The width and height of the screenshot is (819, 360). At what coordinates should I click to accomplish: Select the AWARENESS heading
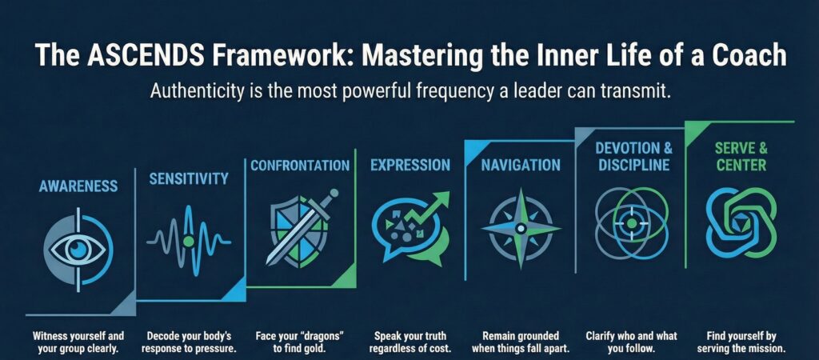pyautogui.click(x=78, y=186)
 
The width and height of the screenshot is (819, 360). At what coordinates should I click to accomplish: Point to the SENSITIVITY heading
pyautogui.click(x=189, y=178)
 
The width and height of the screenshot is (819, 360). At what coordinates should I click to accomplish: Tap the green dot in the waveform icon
pyautogui.click(x=188, y=240)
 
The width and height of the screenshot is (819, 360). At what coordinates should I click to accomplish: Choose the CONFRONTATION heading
pyautogui.click(x=300, y=166)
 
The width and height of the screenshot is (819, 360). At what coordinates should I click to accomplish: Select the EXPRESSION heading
pyautogui.click(x=409, y=166)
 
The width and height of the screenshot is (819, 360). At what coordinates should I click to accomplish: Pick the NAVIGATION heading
pyautogui.click(x=521, y=166)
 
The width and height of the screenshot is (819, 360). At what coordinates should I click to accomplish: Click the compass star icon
pyautogui.click(x=520, y=228)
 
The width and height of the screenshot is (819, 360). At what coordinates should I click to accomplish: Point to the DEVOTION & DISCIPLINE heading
pyautogui.click(x=634, y=158)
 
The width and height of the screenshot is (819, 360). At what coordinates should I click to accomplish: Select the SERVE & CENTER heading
pyautogui.click(x=741, y=158)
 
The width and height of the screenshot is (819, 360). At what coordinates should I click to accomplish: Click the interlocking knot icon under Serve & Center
pyautogui.click(x=741, y=216)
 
